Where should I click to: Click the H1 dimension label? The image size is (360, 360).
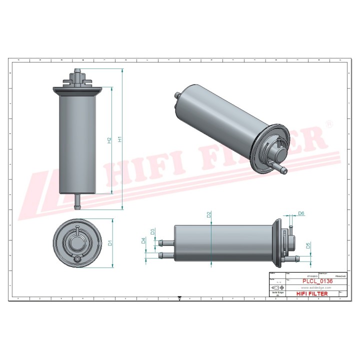pos(119,139)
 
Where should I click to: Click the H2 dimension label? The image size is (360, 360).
pos(109,140)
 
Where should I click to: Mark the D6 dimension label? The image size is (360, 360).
pos(301,214)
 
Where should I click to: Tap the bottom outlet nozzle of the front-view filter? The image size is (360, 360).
pos(77,201)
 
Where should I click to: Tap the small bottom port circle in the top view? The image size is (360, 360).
pos(76,260)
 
